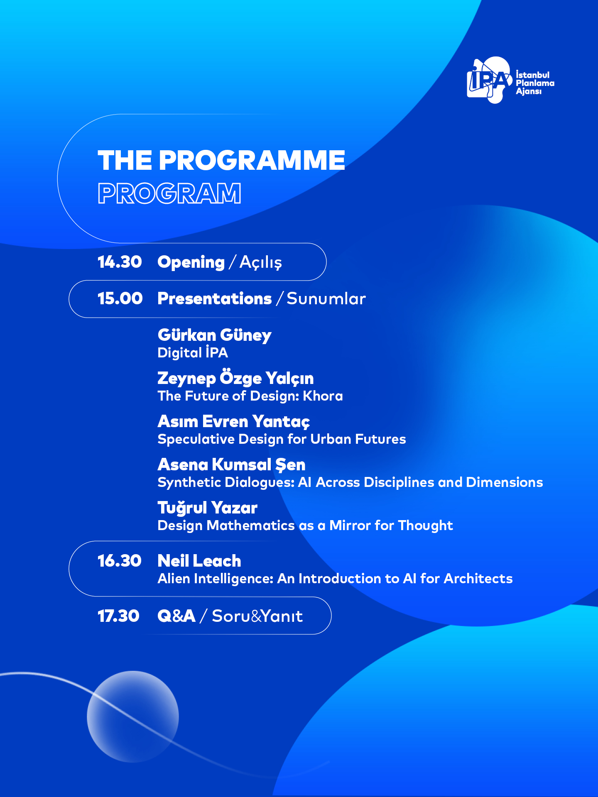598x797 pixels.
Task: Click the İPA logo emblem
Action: point(489,80)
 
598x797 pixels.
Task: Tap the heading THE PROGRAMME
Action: point(221,160)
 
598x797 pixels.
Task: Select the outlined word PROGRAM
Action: point(169,193)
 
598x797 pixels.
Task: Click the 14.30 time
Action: point(120,262)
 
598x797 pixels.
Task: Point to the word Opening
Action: point(191,262)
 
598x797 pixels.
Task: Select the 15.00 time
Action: point(120,298)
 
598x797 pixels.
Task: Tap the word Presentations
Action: point(215,298)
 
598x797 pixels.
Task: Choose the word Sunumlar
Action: point(326,298)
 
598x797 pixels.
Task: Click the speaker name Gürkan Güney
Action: point(215,335)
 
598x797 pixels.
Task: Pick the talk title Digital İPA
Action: point(193,352)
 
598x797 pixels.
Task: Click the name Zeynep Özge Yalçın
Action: point(235,378)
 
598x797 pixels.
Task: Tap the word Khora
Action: point(323,396)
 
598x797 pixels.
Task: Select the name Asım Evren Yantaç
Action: point(234,421)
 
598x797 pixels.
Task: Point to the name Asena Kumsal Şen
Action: point(232,465)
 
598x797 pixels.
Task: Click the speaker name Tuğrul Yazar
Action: point(208,508)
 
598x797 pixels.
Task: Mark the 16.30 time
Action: point(120,561)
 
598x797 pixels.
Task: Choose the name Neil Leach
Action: point(199,561)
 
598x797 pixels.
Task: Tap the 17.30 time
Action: point(118,616)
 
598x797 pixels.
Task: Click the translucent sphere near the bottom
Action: point(133,717)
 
